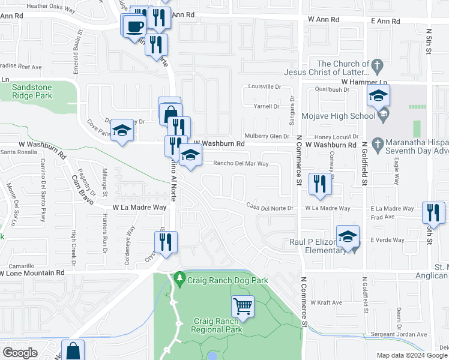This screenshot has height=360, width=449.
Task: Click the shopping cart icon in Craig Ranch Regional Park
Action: click(243, 307)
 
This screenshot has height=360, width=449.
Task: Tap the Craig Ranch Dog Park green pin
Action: click(179, 279)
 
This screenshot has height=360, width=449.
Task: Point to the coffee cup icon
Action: click(134, 26)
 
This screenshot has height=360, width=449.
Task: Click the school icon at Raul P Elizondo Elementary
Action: click(348, 236)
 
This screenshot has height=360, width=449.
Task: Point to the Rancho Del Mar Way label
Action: click(241, 163)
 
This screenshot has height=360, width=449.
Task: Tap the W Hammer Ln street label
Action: click(365, 82)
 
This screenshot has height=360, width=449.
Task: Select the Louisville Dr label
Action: click(265, 86)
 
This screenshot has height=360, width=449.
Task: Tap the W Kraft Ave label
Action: click(325, 302)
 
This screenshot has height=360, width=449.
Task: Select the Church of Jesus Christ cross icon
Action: click(378, 64)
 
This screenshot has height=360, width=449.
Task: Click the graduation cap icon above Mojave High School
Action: click(378, 95)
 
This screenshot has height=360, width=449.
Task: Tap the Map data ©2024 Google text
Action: click(411, 355)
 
